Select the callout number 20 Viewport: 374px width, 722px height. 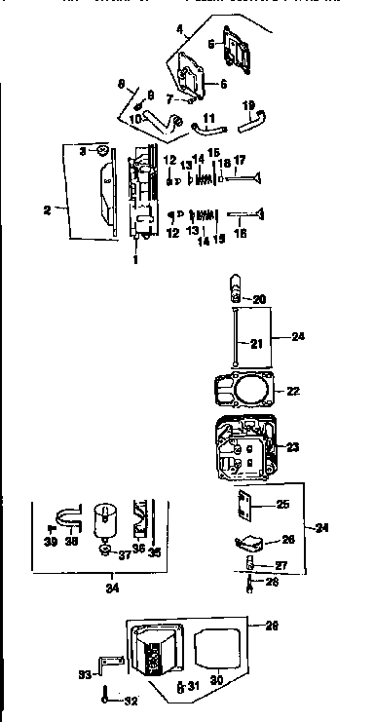pyautogui.click(x=258, y=299)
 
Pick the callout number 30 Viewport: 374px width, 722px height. pyautogui.click(x=217, y=680)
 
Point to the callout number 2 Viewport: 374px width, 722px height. pyautogui.click(x=46, y=208)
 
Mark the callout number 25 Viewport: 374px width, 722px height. pyautogui.click(x=282, y=504)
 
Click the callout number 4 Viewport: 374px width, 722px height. pyautogui.click(x=180, y=30)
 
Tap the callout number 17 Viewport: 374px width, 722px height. pyautogui.click(x=239, y=159)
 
